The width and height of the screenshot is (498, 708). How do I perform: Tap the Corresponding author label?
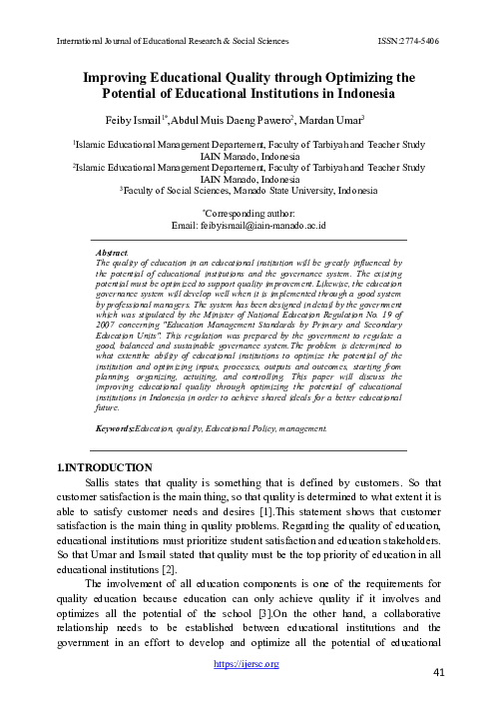tap(249, 214)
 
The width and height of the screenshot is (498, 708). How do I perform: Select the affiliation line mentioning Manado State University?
tap(249, 188)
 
